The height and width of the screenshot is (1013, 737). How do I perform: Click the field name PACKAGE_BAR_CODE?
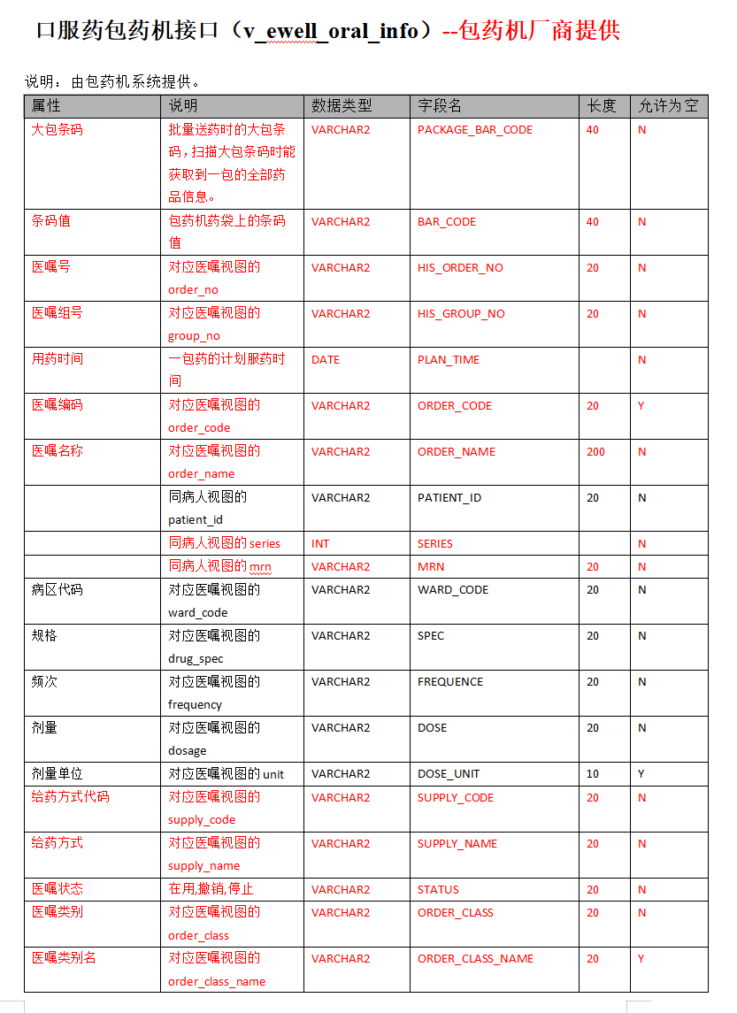tap(475, 130)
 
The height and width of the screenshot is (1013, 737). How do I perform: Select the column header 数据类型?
tap(342, 106)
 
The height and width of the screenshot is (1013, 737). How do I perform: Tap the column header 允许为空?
tap(668, 106)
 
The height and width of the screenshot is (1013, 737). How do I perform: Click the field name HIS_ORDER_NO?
tap(460, 268)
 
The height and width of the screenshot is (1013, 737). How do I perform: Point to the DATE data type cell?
tap(326, 360)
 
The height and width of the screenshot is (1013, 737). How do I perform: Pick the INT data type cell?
tap(320, 544)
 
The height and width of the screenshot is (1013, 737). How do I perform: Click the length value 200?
tap(595, 452)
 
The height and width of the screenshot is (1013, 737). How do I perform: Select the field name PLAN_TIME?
tap(449, 360)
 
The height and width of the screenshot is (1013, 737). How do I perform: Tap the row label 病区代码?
tap(58, 590)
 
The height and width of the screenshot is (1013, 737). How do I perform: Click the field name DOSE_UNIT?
tap(449, 774)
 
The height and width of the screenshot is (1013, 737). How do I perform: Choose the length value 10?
tap(592, 774)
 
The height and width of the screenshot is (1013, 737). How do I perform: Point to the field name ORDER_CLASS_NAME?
tap(475, 959)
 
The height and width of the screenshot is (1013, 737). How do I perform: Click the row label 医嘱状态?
tap(58, 889)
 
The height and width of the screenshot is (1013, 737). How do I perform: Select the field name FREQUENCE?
tap(450, 682)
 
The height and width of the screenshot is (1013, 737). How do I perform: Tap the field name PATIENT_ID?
tap(449, 498)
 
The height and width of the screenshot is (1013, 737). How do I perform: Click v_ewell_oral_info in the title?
tap(338, 31)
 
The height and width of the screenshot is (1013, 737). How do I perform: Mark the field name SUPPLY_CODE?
tap(456, 798)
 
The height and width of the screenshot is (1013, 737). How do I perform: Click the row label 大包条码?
tap(58, 130)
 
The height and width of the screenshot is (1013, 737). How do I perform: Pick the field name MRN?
tap(431, 567)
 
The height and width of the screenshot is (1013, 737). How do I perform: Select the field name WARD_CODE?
tap(453, 590)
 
